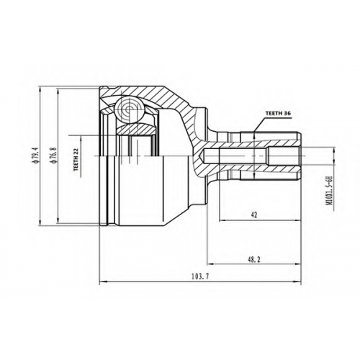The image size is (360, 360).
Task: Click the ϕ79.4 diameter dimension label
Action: [x=36, y=156]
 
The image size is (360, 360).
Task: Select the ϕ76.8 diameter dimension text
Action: [x=54, y=156]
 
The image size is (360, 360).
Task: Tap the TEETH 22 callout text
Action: [x=76, y=160]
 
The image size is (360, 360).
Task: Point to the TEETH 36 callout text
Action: [x=278, y=113]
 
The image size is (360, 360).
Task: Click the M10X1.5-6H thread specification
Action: [x=329, y=191]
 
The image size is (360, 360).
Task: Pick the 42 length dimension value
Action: [x=254, y=215]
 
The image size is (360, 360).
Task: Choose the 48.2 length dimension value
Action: [x=254, y=259]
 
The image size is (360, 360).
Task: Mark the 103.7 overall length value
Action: [x=200, y=276]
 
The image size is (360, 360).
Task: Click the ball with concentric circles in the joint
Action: [x=130, y=110]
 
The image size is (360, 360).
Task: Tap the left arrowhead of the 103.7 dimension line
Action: [x=102, y=282]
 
